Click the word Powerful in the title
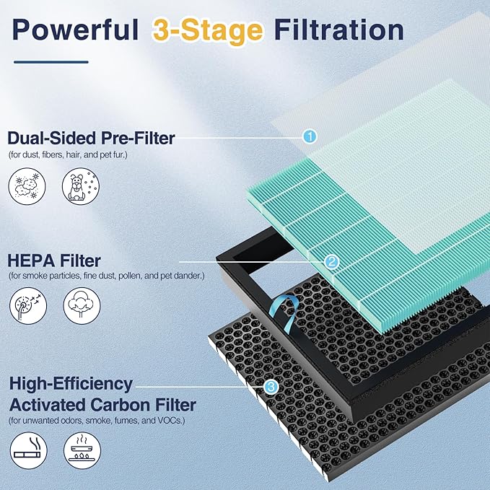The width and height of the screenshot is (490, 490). (75, 30)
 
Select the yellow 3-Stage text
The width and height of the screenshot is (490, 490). (208, 31)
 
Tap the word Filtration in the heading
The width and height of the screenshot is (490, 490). (339, 30)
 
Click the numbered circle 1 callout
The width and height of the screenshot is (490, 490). (310, 136)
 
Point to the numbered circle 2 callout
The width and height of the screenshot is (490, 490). (331, 261)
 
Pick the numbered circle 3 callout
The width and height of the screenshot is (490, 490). (271, 387)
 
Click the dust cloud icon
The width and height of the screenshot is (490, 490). (27, 187)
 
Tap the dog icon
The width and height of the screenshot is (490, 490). (81, 187)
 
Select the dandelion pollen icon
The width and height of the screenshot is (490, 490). (28, 306)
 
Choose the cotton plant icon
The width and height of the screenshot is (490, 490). (82, 306)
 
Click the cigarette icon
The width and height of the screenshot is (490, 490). (28, 450)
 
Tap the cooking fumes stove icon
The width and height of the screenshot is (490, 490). (82, 450)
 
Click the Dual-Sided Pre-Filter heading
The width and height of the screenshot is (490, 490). (91, 138)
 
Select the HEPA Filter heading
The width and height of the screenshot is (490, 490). (53, 261)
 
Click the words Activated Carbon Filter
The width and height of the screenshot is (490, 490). (102, 405)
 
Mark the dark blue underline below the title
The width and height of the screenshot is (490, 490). (51, 62)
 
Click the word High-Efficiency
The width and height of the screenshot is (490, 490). (71, 384)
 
